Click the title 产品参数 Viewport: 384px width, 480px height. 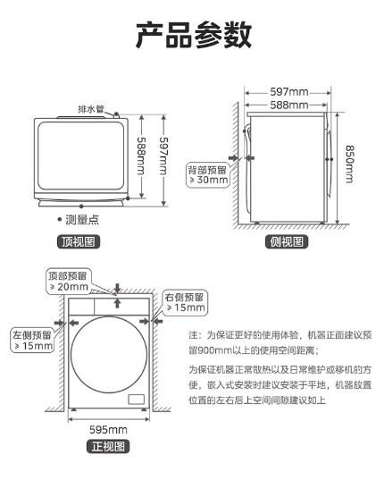(x=194, y=35)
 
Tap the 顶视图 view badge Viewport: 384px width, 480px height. (x=79, y=241)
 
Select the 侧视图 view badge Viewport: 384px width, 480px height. (x=287, y=241)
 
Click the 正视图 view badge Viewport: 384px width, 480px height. (x=109, y=446)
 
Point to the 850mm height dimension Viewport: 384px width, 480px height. (x=350, y=164)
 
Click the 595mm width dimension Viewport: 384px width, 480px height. (x=109, y=429)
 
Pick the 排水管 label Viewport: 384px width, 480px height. (x=91, y=109)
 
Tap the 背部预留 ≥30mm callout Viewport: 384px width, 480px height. (x=208, y=175)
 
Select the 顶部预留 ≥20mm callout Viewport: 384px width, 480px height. (x=69, y=282)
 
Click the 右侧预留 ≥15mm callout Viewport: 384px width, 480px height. (x=185, y=302)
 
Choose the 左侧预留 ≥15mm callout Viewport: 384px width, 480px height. (x=32, y=341)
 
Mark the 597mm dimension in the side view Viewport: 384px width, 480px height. (x=289, y=91)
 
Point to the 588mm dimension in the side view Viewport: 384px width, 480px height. (x=289, y=105)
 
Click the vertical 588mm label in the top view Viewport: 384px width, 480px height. (x=141, y=156)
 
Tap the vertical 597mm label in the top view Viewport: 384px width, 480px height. (x=164, y=156)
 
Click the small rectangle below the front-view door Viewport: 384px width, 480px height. (x=136, y=400)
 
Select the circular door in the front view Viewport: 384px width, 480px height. (x=109, y=317)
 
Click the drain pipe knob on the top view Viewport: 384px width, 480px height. (x=116, y=114)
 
